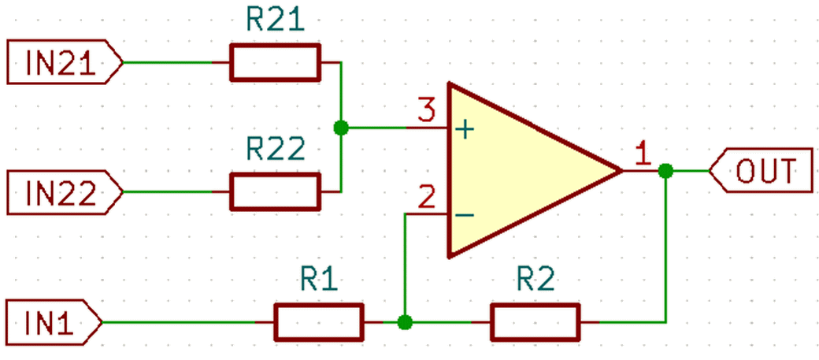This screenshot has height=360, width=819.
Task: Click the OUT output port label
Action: (x=761, y=170)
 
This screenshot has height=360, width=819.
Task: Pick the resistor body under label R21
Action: (x=275, y=62)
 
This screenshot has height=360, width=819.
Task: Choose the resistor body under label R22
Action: (x=275, y=191)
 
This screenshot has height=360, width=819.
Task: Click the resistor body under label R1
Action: (x=319, y=322)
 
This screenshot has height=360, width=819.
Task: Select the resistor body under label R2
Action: (x=535, y=322)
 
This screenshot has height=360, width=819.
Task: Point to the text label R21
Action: (x=275, y=21)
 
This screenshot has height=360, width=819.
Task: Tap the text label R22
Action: (x=275, y=150)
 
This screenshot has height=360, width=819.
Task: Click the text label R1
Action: (x=319, y=280)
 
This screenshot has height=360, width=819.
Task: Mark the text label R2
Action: (x=535, y=280)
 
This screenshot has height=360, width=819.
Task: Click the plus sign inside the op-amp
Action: (x=464, y=129)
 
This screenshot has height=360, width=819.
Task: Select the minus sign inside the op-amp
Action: (x=464, y=215)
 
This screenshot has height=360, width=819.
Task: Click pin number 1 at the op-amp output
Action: (x=643, y=154)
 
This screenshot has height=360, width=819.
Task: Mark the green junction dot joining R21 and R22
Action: (x=340, y=127)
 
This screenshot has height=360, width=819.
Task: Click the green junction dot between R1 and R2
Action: (x=404, y=322)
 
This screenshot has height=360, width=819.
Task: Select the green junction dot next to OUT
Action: (x=665, y=170)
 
